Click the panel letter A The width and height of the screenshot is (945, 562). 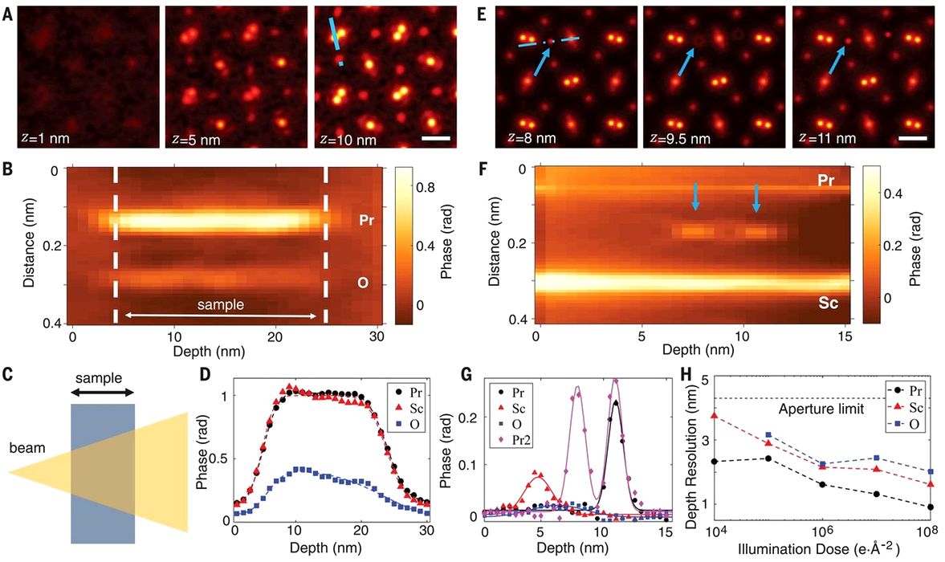click(7, 14)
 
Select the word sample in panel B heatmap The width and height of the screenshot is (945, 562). click(222, 304)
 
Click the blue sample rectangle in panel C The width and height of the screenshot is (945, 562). click(102, 474)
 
